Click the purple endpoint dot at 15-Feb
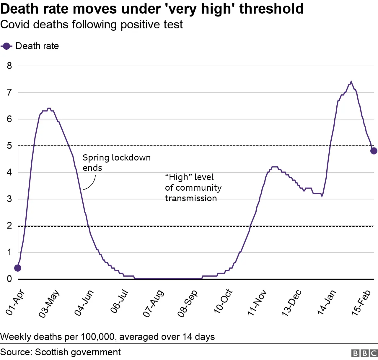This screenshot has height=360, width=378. tap(374, 151)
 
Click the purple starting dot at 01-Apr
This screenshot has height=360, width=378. tap(18, 268)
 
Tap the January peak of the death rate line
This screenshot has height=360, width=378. tap(351, 82)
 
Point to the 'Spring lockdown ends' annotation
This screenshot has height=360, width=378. tap(117, 163)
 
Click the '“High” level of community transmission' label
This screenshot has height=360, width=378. tap(193, 188)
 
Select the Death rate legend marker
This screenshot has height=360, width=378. tap(6, 46)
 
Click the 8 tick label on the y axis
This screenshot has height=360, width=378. tap(9, 66)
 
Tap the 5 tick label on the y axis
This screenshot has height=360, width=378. tap(9, 146)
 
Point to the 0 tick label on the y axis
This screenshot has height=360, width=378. tap(9, 279)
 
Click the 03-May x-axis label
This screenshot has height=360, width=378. tap(49, 304)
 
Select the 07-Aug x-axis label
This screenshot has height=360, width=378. tap(153, 304)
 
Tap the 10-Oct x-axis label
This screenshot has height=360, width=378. tap(223, 301)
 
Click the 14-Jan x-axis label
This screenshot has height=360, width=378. tap(326, 302)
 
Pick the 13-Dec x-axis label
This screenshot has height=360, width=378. tap(291, 303)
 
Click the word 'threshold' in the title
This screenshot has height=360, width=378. tap(271, 9)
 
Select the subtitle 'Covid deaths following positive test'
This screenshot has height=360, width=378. tap(92, 25)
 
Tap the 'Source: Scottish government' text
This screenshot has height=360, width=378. tap(61, 352)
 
